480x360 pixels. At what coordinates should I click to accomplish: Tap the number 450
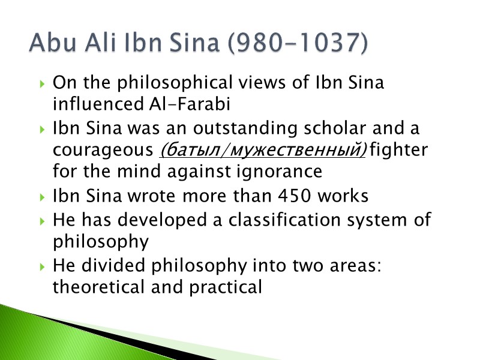285,196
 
